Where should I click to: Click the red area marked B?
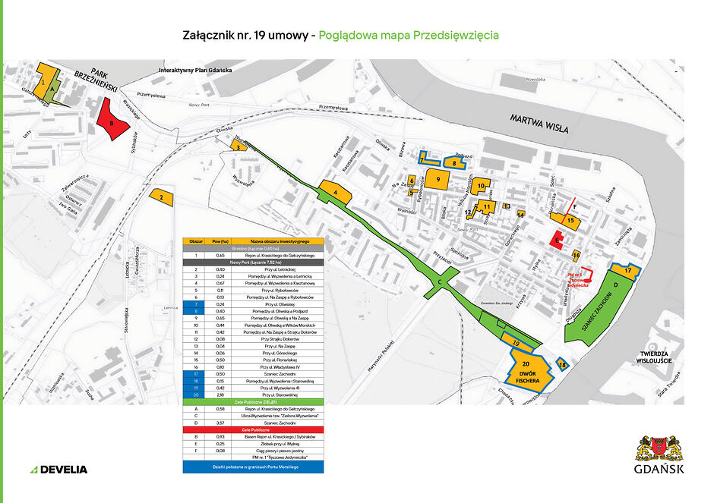(112, 121)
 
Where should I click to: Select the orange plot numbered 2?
(162, 197)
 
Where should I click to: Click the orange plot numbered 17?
(627, 269)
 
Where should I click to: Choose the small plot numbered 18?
(562, 364)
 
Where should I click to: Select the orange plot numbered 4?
(335, 193)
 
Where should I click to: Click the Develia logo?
(58, 469)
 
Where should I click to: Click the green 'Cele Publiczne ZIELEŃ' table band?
(253, 401)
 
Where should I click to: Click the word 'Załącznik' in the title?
(208, 36)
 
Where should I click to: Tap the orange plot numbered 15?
(571, 220)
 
